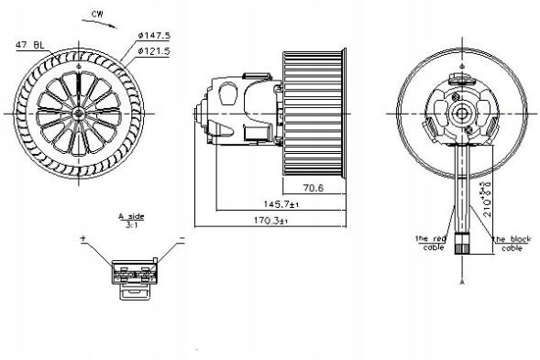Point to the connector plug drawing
coord(134,275)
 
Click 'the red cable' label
coord(431,243)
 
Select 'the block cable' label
coord(511,243)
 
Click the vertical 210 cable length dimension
coord(484,197)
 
